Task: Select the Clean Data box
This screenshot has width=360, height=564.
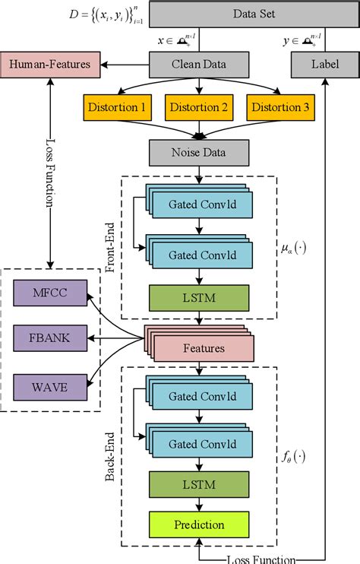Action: pyautogui.click(x=198, y=65)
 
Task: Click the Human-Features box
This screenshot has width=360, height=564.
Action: pyautogui.click(x=50, y=65)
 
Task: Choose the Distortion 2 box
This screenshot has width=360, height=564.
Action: pyautogui.click(x=200, y=106)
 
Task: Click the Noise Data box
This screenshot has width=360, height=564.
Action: pyautogui.click(x=198, y=152)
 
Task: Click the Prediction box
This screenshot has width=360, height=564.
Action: pyautogui.click(x=200, y=524)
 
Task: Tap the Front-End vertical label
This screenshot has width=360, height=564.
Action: pyautogui.click(x=130, y=245)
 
